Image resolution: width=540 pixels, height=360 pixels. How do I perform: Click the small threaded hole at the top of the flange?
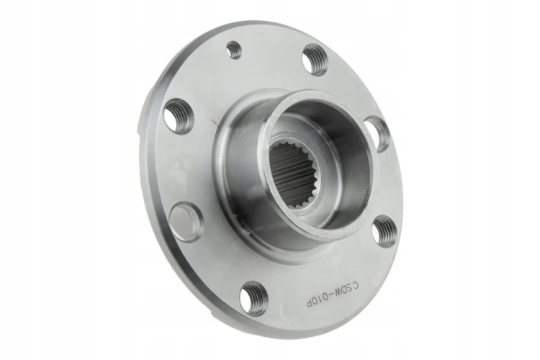pos(234,50)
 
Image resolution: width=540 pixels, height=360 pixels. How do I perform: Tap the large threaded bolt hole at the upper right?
pos(315,60)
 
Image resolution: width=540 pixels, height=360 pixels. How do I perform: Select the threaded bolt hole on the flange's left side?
pos(179,116)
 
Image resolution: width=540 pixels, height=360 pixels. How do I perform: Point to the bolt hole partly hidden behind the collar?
pos(377,134)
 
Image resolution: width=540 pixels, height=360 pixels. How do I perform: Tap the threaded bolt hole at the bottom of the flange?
pos(254,297)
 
